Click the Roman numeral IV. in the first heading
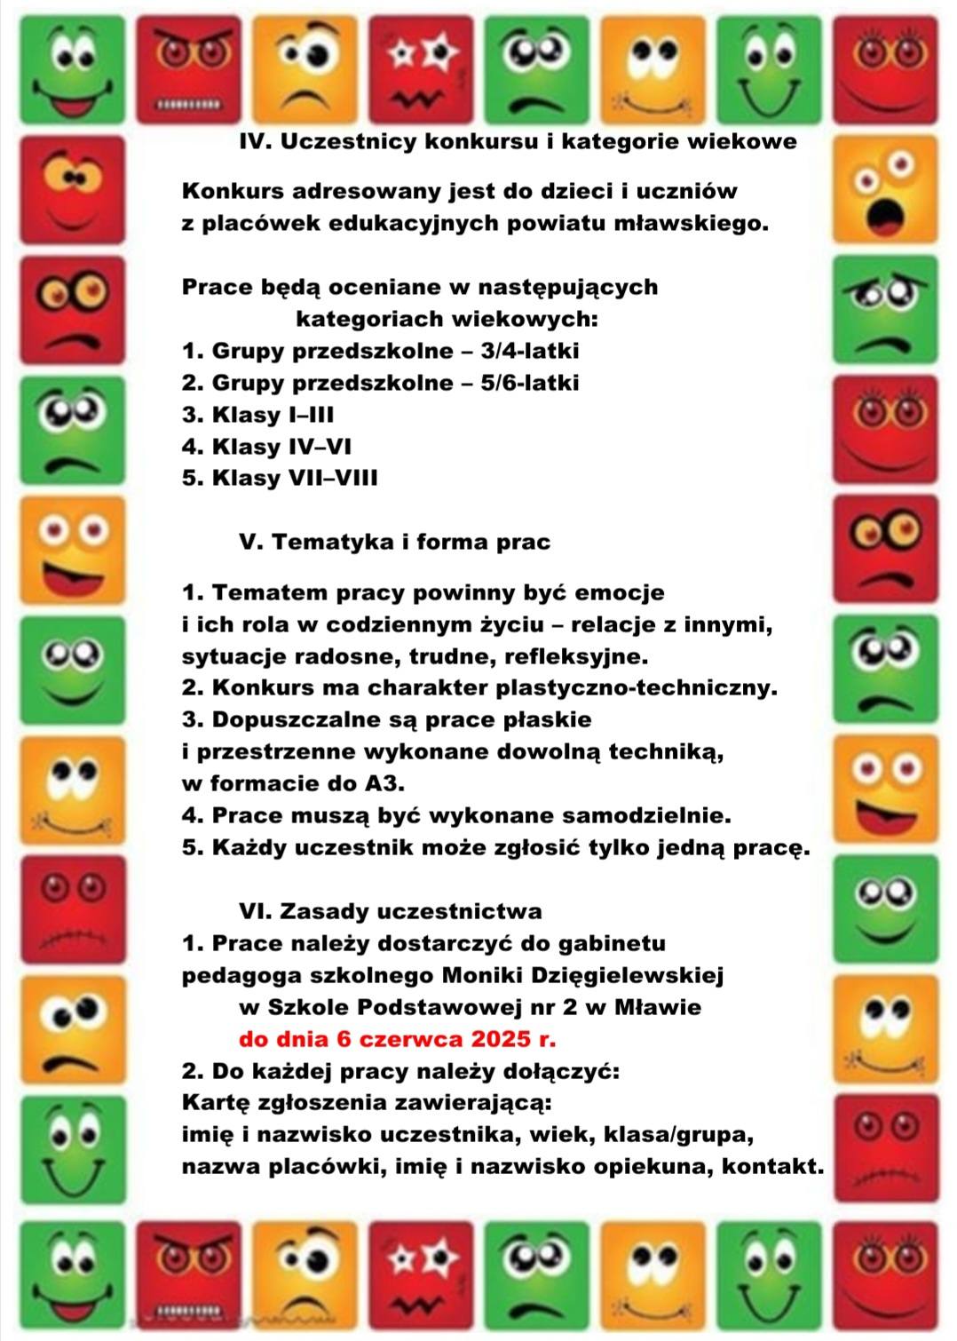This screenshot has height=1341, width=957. [x=256, y=142]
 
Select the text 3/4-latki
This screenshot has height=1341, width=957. [x=529, y=352]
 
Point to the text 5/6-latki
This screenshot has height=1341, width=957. [x=529, y=384]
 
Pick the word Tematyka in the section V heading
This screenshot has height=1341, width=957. [x=331, y=543]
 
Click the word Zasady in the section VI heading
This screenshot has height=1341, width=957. [x=324, y=912]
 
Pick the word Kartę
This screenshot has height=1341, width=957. [x=215, y=1104]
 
